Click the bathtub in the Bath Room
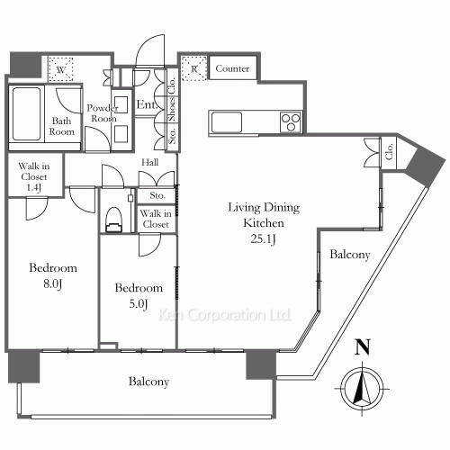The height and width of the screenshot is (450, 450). (x=26, y=114)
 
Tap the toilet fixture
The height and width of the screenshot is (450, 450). (x=114, y=220)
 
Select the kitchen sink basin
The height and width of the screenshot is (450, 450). (x=227, y=122)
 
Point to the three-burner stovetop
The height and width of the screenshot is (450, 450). (x=291, y=122)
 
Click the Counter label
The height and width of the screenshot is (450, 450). (x=232, y=68)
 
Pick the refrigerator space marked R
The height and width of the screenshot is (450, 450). (x=194, y=68)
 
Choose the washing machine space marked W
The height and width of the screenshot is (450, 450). (x=61, y=69)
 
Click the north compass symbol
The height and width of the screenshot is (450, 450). (x=362, y=389)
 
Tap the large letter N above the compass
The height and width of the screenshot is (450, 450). (x=363, y=347)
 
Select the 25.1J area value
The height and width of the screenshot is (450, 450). (x=263, y=239)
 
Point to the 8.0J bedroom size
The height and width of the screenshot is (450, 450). (x=53, y=283)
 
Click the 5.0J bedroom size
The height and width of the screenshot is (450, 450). (x=139, y=304)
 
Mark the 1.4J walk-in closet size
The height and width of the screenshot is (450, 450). (x=34, y=188)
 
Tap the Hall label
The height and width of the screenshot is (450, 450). (x=150, y=162)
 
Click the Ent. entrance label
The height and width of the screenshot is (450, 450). (x=147, y=104)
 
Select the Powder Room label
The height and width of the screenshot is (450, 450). (x=103, y=113)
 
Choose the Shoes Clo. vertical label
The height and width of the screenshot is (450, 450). (x=172, y=99)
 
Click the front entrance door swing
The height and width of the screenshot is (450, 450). (x=150, y=50)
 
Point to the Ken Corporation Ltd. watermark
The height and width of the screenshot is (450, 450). (x=225, y=315)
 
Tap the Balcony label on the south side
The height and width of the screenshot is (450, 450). (x=148, y=382)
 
